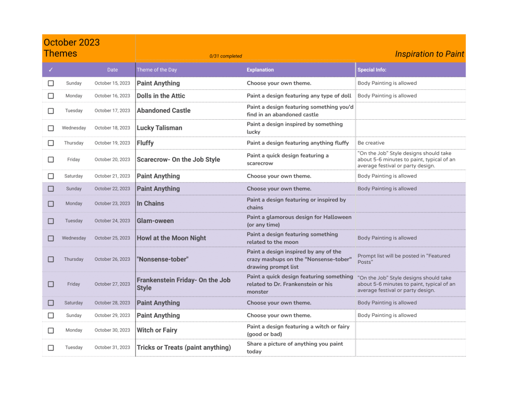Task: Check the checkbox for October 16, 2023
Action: [51, 96]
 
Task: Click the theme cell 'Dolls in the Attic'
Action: [161, 96]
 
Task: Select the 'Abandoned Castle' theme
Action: [163, 111]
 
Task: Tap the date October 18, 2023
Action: [112, 128]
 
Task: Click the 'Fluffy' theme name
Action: [145, 143]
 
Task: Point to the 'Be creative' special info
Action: [371, 143]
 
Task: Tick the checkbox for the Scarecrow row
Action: [51, 160]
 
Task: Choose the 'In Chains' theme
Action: [150, 204]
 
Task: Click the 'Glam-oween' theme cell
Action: [155, 221]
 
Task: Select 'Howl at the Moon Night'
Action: [171, 238]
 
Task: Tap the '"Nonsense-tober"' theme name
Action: [162, 259]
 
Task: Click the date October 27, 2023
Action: [112, 284]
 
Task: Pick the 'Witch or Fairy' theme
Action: [157, 330]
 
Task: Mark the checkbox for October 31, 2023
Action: [51, 348]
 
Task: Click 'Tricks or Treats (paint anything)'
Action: [184, 348]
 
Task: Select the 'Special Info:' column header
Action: [372, 70]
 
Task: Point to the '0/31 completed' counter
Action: [226, 56]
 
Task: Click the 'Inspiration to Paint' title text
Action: [429, 54]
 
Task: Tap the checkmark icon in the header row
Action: [51, 70]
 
